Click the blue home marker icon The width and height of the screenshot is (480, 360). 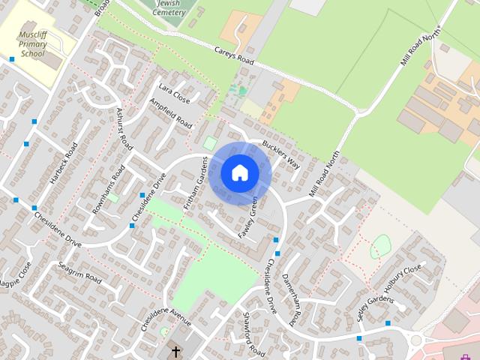240,173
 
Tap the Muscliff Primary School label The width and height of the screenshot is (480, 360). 34,44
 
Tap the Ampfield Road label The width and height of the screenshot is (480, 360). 171,113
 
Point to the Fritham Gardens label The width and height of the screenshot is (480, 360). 195,182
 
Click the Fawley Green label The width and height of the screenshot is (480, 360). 248,218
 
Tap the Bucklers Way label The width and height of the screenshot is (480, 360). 280,154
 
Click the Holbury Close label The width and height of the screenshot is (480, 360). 403,278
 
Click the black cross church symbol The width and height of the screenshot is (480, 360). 175,351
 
